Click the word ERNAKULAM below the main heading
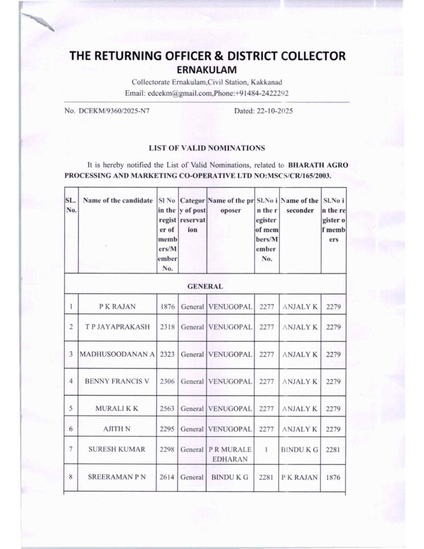pos(207,70)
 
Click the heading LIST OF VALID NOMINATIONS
pos(206,146)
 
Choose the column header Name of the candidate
pos(118,201)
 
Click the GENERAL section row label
pos(205,287)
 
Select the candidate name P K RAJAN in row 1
pos(117,307)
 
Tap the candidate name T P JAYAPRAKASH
pos(117,327)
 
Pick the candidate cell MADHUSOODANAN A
pos(117,354)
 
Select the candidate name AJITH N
pos(117,428)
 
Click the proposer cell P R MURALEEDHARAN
pos(229,454)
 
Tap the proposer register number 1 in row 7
pos(266,449)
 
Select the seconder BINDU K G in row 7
pos(300,449)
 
